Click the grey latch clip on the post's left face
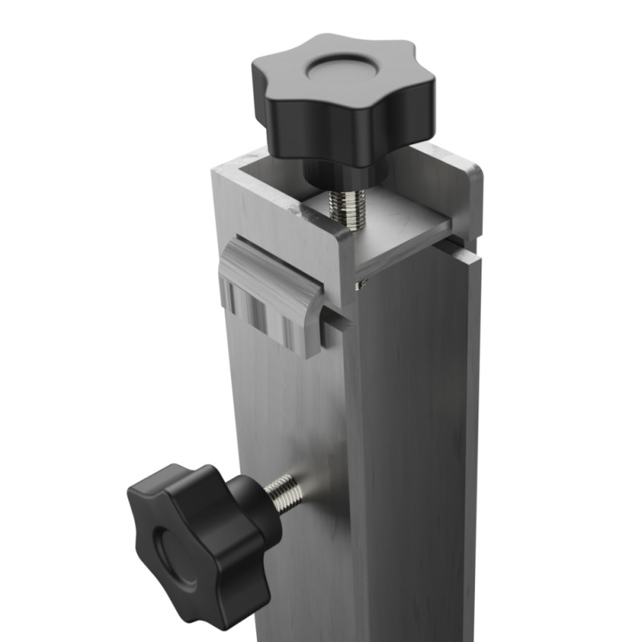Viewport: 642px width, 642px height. point(269,297)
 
